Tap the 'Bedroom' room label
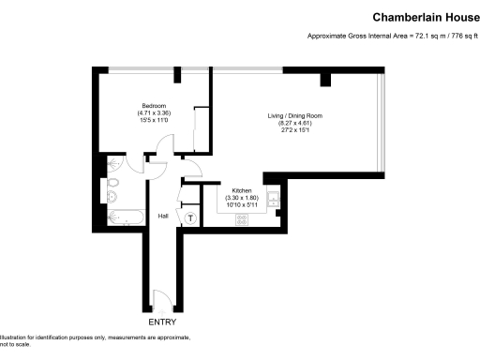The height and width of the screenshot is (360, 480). (154, 105)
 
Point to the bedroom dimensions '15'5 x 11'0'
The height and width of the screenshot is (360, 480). (154, 120)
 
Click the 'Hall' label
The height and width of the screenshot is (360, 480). (162, 216)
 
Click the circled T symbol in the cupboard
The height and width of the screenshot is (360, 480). (191, 218)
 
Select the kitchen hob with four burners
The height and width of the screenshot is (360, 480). (242, 219)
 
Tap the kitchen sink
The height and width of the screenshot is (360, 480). (272, 199)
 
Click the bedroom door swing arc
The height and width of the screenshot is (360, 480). (165, 147)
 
